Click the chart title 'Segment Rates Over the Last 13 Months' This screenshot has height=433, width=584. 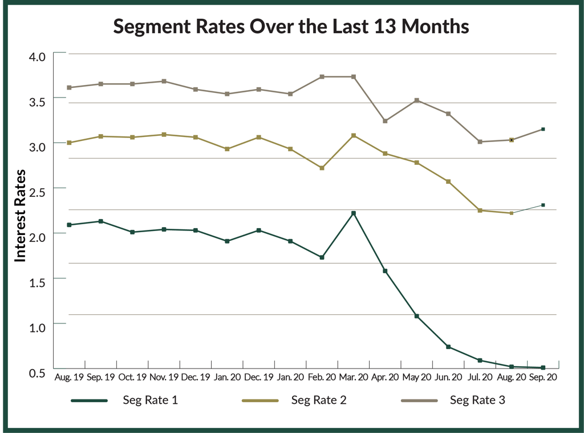291,26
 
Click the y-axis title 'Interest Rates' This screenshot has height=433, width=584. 21,216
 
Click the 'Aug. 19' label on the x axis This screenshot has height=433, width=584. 68,377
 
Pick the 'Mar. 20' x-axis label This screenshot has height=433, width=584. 354,377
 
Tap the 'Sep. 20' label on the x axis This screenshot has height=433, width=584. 543,377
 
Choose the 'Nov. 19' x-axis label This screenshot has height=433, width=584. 164,377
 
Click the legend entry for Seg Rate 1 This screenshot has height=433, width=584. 125,400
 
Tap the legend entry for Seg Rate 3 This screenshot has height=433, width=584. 453,400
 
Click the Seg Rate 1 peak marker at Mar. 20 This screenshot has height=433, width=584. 354,213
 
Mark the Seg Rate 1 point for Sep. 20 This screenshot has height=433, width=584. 543,368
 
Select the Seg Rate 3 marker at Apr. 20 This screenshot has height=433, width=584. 386,121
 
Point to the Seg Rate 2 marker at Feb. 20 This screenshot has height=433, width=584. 322,168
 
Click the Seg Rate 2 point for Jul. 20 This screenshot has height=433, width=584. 480,211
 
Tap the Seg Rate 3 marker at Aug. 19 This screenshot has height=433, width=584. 69,87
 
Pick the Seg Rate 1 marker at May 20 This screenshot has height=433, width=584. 417,316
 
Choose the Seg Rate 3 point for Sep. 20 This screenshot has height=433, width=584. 543,130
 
